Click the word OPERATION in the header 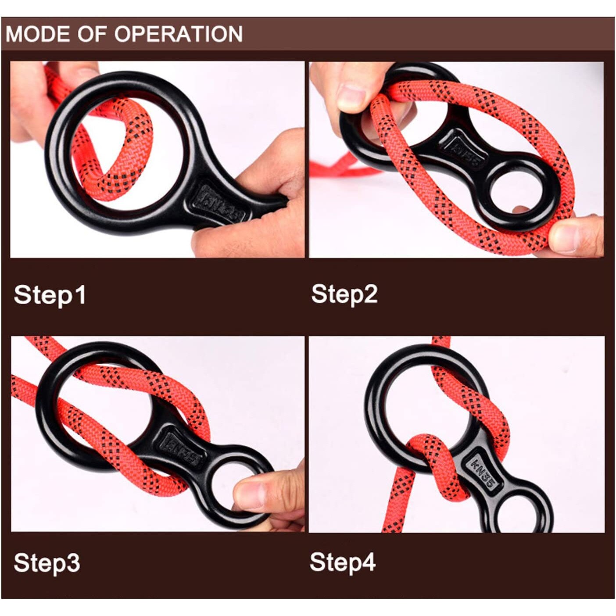[x=179, y=34]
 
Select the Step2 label [x=344, y=295]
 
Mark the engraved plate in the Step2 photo [x=463, y=150]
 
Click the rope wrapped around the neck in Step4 [x=432, y=457]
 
